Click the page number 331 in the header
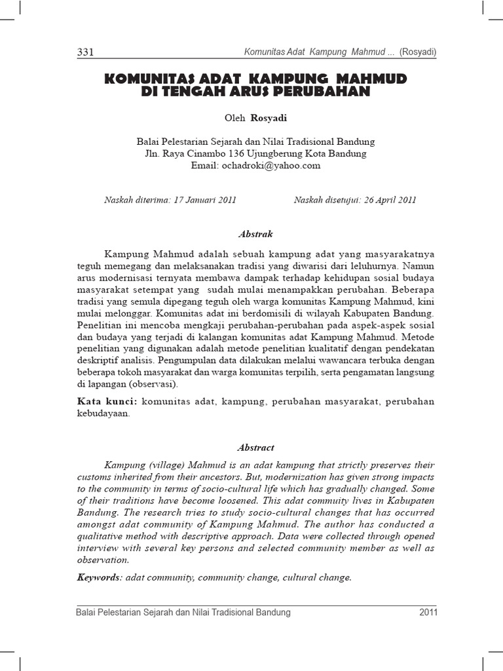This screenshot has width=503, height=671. coord(86,52)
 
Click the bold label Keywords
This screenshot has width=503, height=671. coord(98,577)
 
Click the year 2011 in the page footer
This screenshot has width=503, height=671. coord(428,613)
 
